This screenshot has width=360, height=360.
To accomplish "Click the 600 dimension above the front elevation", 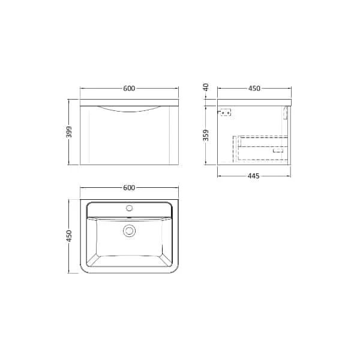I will point(128,89).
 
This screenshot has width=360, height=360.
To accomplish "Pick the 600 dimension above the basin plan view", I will point(128,187).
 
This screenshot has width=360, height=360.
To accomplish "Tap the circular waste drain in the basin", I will point(128,230).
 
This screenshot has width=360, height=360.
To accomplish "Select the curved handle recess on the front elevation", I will point(128,109).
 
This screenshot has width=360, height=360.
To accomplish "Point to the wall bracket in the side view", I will point(226,111).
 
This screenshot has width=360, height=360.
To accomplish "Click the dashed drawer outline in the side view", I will point(262,148).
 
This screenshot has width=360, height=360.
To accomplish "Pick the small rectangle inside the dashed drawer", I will point(278,152).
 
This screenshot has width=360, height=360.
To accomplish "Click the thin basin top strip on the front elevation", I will point(128,100).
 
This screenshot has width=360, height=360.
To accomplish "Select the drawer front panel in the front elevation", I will point(128,138).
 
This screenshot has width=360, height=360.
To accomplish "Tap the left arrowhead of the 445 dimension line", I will point(219,176).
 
